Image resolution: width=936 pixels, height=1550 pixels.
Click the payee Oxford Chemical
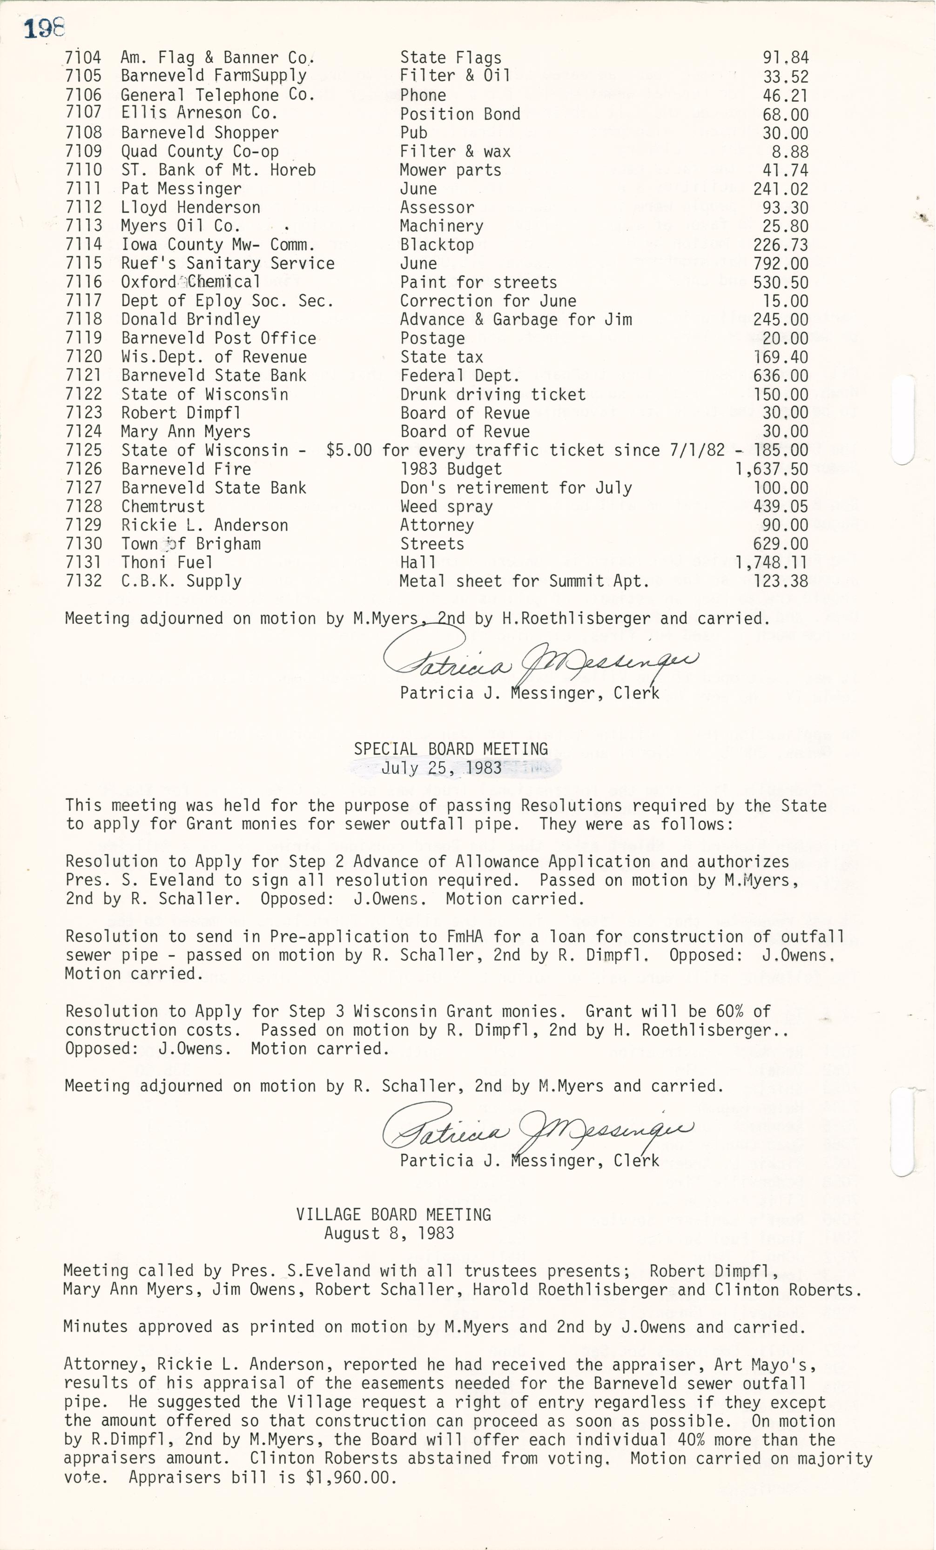190,282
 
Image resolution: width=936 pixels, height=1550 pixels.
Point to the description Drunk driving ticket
492,395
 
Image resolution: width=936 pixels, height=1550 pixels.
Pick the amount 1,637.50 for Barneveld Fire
771,469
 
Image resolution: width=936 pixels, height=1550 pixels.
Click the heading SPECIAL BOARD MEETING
451,749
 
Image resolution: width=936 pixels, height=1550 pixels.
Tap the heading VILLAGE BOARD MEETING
393,1214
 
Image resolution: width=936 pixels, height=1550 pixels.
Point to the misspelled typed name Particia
437,1160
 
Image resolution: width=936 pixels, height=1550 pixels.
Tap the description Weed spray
446,506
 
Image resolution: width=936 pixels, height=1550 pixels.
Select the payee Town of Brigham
190,544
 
